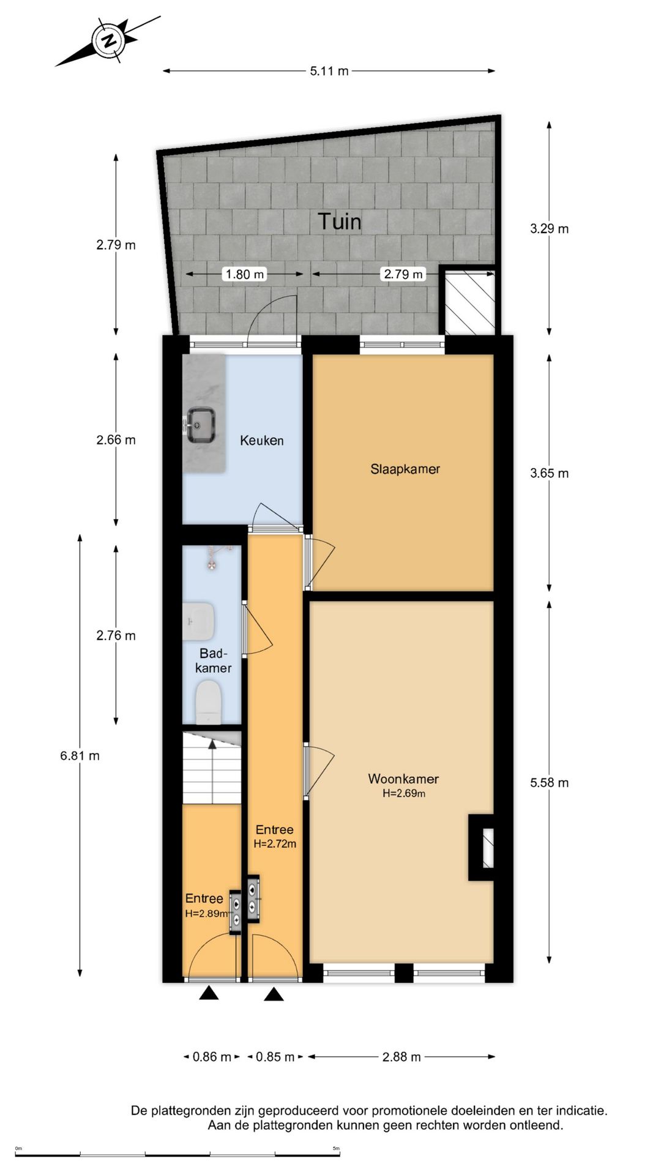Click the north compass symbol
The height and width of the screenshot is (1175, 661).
[x=110, y=40]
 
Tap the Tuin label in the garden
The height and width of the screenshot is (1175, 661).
[x=339, y=221]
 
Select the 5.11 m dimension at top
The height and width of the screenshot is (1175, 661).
[x=329, y=71]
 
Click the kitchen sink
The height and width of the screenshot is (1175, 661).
[x=201, y=424]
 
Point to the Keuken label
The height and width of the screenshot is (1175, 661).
[x=261, y=440]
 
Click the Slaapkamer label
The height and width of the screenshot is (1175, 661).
[x=405, y=469]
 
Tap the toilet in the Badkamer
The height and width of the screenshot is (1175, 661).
[x=207, y=703]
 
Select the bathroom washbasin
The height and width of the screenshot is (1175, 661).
[x=198, y=621]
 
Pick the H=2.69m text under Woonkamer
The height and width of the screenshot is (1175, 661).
[x=404, y=793]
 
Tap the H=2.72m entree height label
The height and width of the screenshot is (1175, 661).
[x=275, y=844]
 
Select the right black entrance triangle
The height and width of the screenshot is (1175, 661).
[x=274, y=994]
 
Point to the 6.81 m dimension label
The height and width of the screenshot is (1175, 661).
[x=80, y=756]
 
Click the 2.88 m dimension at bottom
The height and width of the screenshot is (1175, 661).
[x=401, y=1057]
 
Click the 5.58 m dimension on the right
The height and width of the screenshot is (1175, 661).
[x=549, y=783]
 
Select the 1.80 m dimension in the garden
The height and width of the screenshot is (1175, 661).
[x=244, y=274]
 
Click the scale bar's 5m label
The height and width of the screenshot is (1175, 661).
[x=336, y=1149]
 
